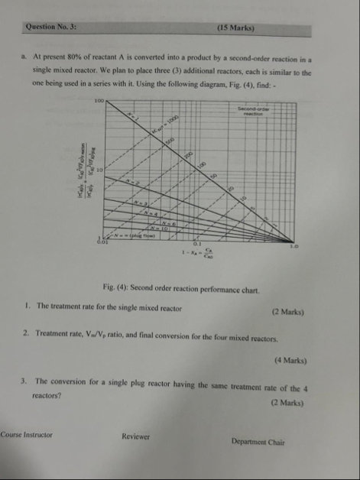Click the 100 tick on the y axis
(x=99, y=100)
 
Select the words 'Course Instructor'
(x=26, y=434)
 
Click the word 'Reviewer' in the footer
(x=135, y=436)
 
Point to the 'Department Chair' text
(x=258, y=441)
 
